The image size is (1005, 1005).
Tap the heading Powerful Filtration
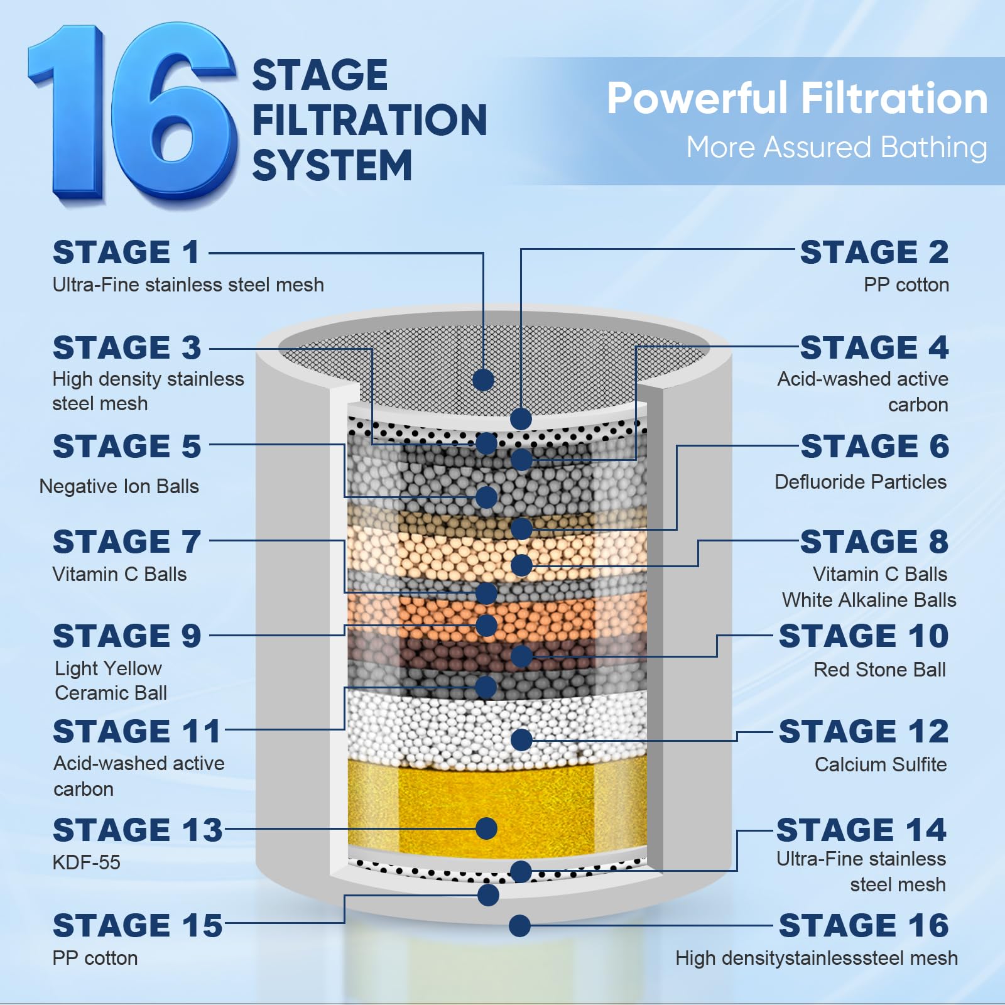(797, 99)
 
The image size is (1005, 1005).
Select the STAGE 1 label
(126, 253)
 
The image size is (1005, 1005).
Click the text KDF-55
(86, 862)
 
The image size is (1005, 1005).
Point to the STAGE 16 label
(864, 925)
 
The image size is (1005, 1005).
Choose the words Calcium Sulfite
(881, 764)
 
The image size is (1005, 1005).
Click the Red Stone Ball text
(879, 670)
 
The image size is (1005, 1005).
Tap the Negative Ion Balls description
(119, 486)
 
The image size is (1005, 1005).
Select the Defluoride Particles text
(861, 482)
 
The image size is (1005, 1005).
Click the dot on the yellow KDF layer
(487, 828)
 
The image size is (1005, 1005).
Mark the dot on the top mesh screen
(483, 379)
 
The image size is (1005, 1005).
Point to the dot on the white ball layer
(521, 740)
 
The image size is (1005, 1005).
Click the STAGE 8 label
(874, 541)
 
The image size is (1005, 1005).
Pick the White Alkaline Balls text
(869, 600)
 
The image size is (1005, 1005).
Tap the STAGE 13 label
(138, 830)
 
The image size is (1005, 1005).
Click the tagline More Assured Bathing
(837, 148)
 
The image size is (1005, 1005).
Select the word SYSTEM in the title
(332, 166)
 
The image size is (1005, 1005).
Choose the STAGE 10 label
(864, 636)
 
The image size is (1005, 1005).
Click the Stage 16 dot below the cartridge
(520, 926)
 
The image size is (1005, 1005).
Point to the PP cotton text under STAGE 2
(906, 285)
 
